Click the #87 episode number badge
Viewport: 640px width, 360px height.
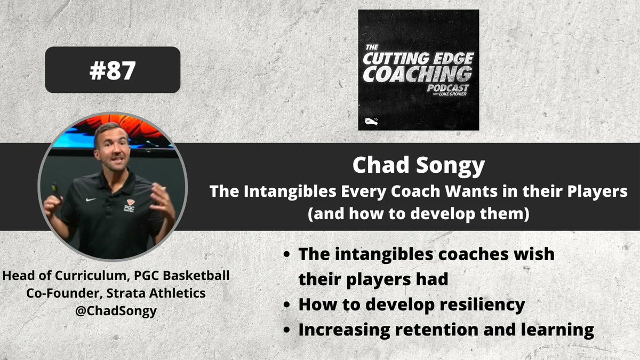click(x=112, y=70)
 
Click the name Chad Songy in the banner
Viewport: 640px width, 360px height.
click(x=418, y=166)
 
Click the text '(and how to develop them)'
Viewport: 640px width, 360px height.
click(x=418, y=215)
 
